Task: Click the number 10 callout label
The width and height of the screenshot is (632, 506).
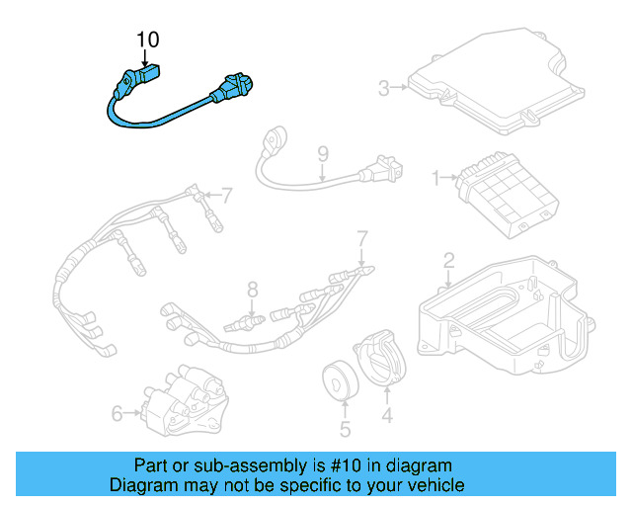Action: [x=147, y=40]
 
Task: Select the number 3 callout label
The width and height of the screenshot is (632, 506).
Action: [x=384, y=89]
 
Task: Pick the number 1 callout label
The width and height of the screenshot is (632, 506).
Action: [x=435, y=178]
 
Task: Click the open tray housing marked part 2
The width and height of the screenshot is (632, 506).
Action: [x=504, y=316]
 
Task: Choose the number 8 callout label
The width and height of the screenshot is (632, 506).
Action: [x=252, y=290]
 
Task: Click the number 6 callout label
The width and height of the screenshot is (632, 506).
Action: [x=118, y=413]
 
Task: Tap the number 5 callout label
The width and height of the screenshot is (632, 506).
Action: [x=345, y=429]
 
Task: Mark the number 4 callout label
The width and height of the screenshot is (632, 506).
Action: [x=387, y=417]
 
